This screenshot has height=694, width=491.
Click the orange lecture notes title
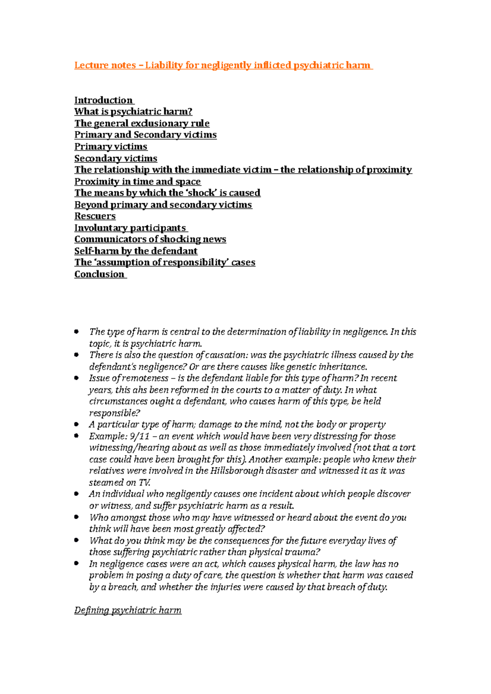click(223, 65)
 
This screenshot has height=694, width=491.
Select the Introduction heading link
click(104, 101)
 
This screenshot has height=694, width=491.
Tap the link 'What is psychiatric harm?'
click(133, 112)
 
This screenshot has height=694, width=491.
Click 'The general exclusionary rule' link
click(142, 123)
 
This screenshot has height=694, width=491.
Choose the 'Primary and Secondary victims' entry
click(145, 135)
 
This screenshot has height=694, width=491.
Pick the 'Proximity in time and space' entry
click(137, 181)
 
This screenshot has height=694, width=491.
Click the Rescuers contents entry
click(95, 216)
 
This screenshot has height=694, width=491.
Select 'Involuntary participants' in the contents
click(130, 228)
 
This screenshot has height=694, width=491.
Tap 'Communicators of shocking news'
click(150, 240)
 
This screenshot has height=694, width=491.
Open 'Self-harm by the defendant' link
click(136, 251)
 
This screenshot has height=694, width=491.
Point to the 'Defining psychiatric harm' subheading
click(128, 610)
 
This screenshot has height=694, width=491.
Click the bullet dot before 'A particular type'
click(77, 424)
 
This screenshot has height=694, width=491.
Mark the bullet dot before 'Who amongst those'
click(77, 517)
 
